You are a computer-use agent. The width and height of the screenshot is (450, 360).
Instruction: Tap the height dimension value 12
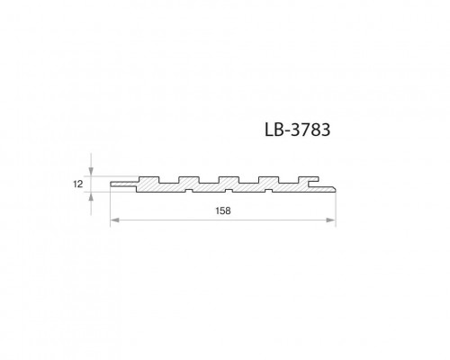78,184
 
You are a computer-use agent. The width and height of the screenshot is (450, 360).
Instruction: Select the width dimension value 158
223,211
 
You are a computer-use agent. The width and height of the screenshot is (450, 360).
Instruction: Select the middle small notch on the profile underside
230,191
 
